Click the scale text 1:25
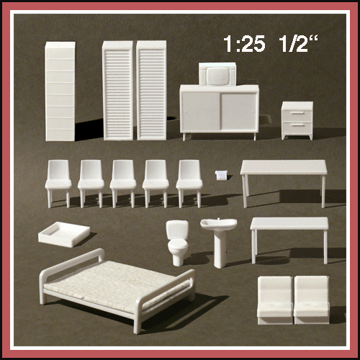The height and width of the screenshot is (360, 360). click(x=244, y=44)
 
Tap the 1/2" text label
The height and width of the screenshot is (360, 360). click(x=298, y=43)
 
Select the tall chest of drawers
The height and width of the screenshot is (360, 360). click(x=60, y=91)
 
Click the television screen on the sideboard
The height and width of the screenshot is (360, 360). click(x=217, y=76)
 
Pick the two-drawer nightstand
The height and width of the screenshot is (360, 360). click(x=297, y=120)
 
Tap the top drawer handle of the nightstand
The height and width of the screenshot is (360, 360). click(x=297, y=112)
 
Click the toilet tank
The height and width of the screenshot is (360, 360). click(x=177, y=230)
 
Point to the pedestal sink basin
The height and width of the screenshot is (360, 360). click(x=219, y=224)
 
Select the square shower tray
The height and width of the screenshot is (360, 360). click(x=64, y=234)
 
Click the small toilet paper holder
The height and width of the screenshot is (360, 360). click(x=221, y=175)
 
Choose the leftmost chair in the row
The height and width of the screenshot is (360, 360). click(x=58, y=184)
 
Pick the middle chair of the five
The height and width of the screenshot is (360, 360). click(x=123, y=184)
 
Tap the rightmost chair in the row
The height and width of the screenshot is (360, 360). click(x=189, y=184)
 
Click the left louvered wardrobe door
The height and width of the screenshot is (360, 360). click(x=117, y=90)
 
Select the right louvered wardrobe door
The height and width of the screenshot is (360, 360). click(x=151, y=90)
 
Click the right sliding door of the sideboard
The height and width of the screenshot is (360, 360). click(x=238, y=111)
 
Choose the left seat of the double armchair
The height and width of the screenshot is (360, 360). click(x=275, y=300)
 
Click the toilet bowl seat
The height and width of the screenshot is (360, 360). click(x=178, y=246)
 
